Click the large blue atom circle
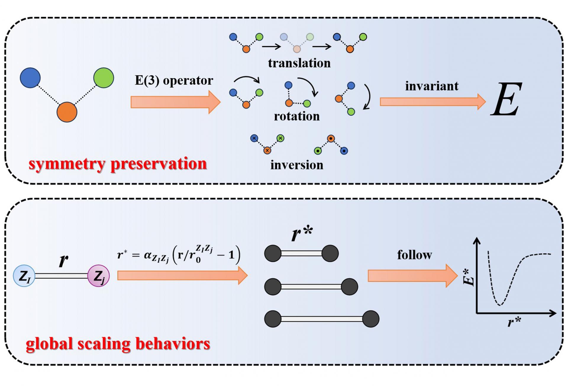(30, 78)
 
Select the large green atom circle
(104, 78)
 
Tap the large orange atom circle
(67, 112)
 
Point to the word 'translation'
(299, 63)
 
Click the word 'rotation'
(297, 116)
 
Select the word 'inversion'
(297, 165)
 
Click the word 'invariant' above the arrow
(432, 86)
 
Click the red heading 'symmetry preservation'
(118, 164)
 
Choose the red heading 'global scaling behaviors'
(118, 344)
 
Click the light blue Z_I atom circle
(24, 276)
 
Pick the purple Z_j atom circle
(99, 276)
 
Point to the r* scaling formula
(179, 255)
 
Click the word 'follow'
(414, 255)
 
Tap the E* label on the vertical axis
(469, 277)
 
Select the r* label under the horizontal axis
(514, 322)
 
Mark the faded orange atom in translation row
(297, 49)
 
